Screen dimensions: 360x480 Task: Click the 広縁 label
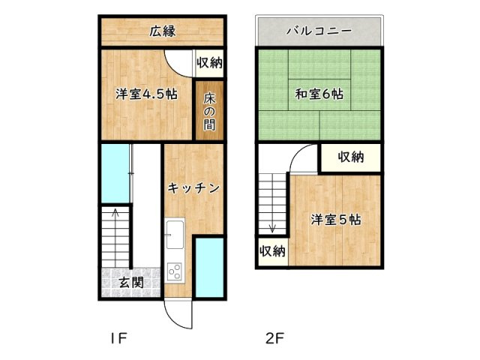tap(163, 32)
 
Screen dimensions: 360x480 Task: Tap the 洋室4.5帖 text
tap(146, 94)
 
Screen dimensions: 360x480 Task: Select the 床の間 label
tap(209, 109)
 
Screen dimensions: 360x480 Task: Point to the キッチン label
tap(193, 188)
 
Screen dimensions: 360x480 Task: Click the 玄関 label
tap(131, 283)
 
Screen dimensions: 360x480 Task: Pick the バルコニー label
tap(319, 32)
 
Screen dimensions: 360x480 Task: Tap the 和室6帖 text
tap(319, 94)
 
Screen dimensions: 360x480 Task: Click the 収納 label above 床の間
tap(209, 63)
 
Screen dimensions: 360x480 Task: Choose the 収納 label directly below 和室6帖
tap(350, 157)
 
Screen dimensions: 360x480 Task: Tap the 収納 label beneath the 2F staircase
tap(272, 250)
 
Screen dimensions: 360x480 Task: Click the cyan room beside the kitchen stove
tap(209, 268)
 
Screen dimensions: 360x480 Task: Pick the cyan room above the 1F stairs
tap(115, 174)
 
